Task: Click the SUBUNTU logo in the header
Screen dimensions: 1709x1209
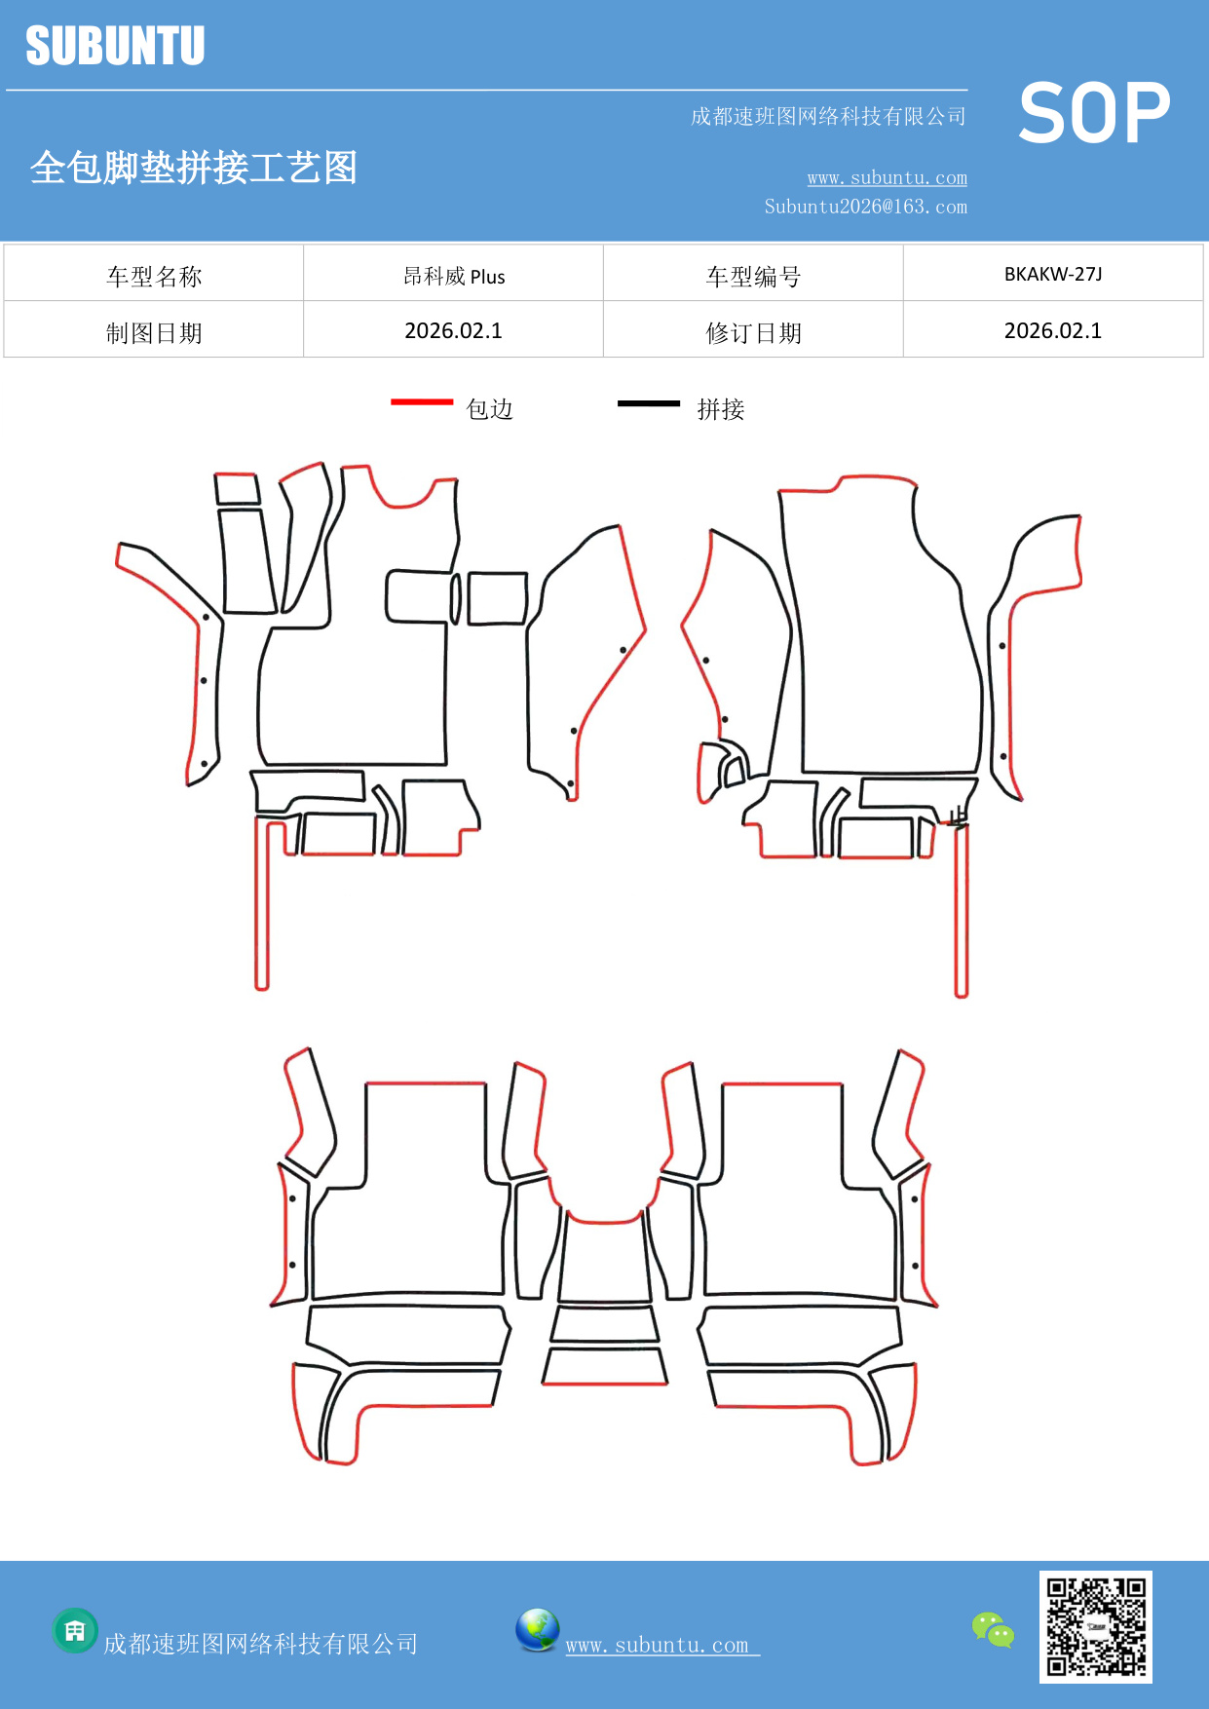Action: [115, 46]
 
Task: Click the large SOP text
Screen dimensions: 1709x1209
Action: [1094, 113]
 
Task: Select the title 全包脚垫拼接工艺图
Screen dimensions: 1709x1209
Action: [194, 168]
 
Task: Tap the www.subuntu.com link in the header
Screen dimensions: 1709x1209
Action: [887, 178]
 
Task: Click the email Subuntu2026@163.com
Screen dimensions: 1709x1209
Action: [865, 207]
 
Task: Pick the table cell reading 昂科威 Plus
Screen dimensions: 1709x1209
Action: [454, 276]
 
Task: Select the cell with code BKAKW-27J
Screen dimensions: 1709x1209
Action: [1053, 274]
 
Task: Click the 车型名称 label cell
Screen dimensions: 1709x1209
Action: [154, 277]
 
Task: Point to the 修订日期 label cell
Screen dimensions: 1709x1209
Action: [753, 333]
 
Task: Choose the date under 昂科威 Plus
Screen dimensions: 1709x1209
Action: [454, 331]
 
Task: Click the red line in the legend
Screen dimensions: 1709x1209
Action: [422, 401]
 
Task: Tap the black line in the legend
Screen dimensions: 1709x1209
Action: [649, 402]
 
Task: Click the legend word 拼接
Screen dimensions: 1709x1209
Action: [721, 409]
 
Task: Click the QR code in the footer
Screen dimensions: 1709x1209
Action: [1095, 1626]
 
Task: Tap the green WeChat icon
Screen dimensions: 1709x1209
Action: [993, 1629]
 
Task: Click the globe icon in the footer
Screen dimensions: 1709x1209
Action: [537, 1630]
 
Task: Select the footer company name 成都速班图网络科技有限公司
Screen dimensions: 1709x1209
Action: [261, 1645]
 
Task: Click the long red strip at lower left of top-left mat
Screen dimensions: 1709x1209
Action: [261, 906]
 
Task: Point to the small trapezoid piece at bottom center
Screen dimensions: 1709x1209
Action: [605, 1365]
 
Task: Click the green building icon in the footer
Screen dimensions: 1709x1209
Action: [75, 1630]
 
